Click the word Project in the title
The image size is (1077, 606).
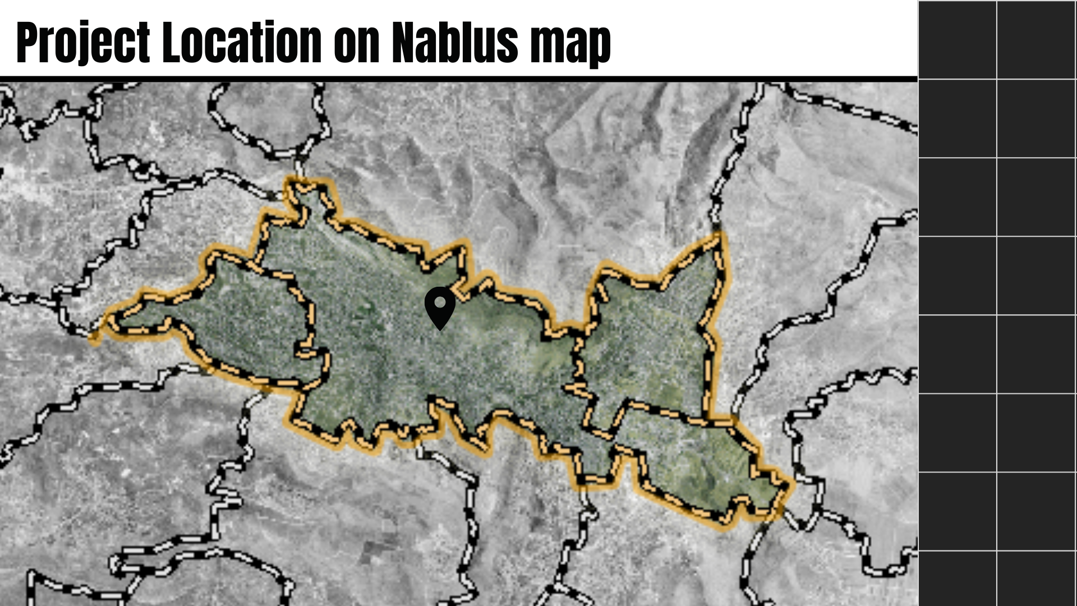[83, 43]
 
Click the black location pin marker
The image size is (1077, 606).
[440, 307]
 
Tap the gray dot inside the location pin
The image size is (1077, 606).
[440, 302]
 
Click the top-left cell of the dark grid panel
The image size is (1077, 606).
[958, 39]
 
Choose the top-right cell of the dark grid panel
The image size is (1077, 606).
[1036, 39]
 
